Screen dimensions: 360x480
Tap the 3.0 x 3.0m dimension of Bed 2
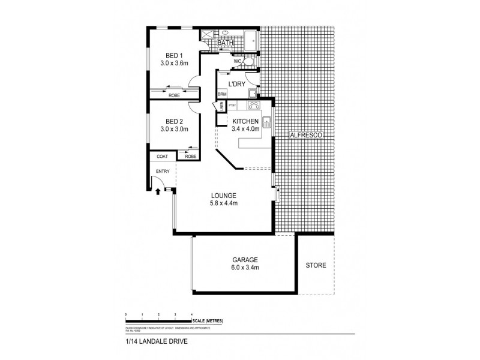coord(175,129)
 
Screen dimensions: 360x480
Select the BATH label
coord(225,43)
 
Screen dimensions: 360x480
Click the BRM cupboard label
coord(221,94)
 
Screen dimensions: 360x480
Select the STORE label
coord(316,265)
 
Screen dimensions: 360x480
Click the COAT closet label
coord(162,156)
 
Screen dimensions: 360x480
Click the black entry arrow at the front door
coord(158,192)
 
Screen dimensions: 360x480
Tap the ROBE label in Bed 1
coord(174,95)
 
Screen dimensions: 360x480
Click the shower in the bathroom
coord(208,34)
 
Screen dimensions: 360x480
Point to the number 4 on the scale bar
coord(191,314)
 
